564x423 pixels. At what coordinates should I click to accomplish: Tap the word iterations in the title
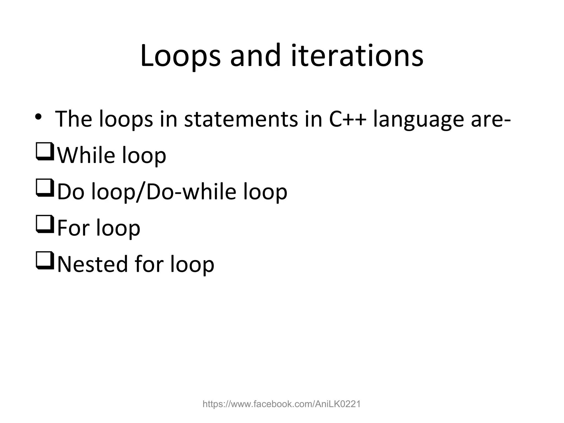(x=357, y=56)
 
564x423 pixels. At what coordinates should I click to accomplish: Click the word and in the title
(x=255, y=56)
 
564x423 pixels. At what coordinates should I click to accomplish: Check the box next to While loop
(x=45, y=151)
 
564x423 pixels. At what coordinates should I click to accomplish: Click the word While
(x=86, y=155)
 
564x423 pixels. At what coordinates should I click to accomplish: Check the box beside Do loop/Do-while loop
(x=45, y=188)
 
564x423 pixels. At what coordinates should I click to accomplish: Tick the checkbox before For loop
(x=45, y=224)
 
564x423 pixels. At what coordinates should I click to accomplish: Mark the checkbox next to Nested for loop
(x=45, y=261)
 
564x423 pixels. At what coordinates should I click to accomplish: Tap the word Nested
(x=93, y=264)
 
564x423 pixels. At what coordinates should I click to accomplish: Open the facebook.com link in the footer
(x=281, y=404)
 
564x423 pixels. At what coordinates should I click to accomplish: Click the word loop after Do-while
(x=265, y=192)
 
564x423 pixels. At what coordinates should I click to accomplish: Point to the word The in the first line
(x=74, y=119)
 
